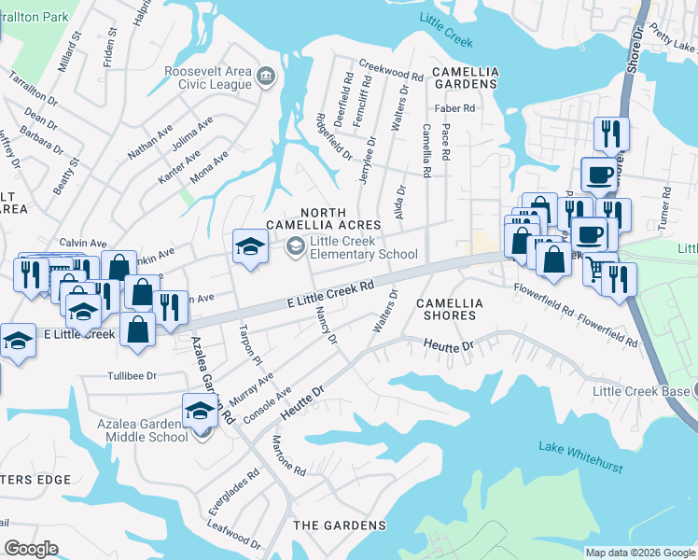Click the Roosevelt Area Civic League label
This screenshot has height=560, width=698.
click(207, 77)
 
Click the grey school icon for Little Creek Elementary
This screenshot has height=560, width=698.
click(296, 246)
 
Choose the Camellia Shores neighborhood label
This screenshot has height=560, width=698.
click(450, 310)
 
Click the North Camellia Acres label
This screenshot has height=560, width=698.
click(323, 218)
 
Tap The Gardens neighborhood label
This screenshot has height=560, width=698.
click(340, 525)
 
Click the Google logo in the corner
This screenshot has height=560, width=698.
click(32, 548)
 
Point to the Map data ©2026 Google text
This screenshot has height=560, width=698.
click(640, 553)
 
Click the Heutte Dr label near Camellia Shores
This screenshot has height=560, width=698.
click(449, 345)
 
